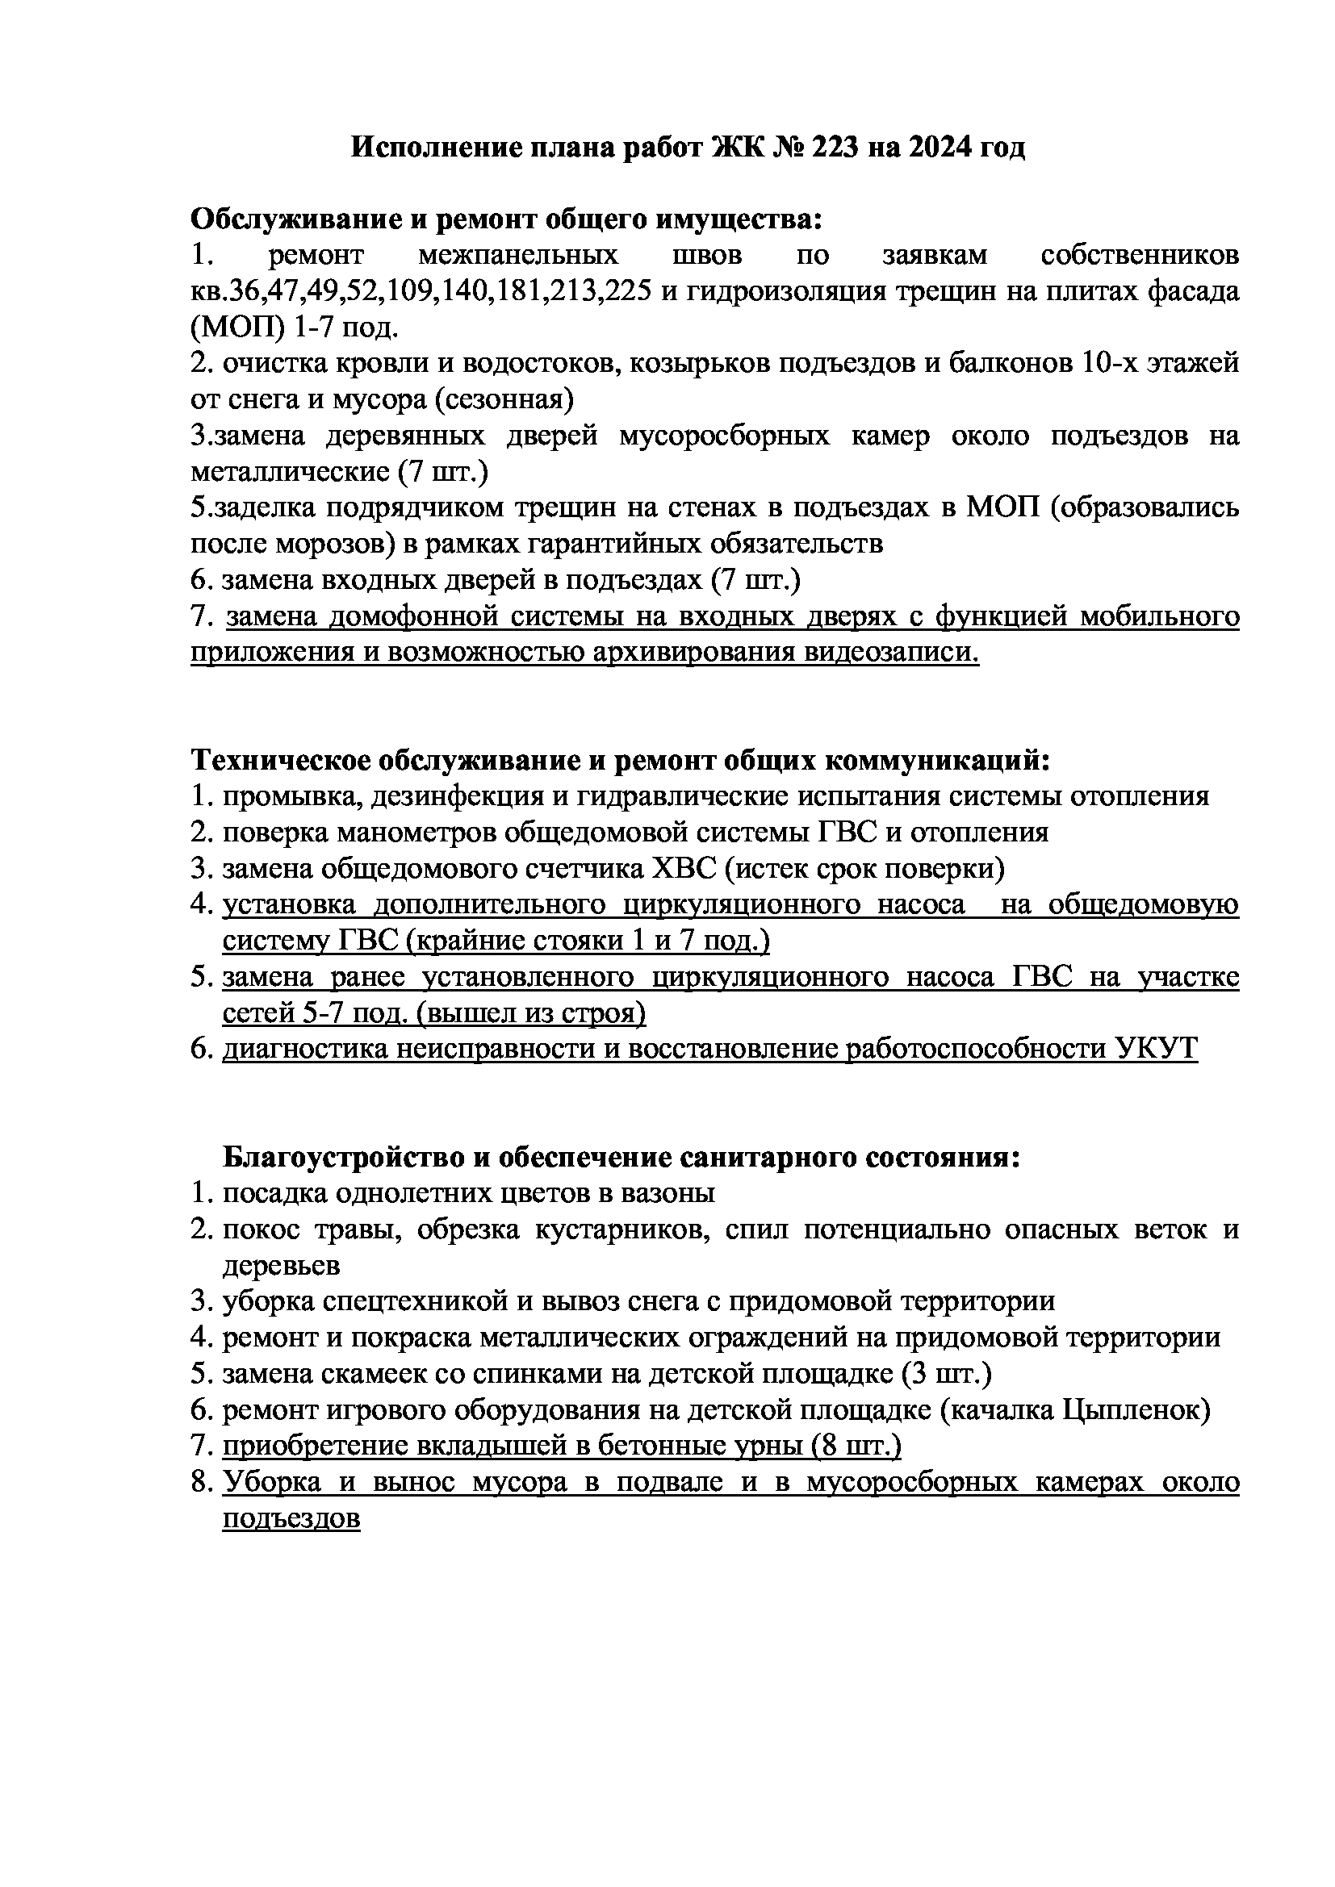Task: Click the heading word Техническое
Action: (x=277, y=760)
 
